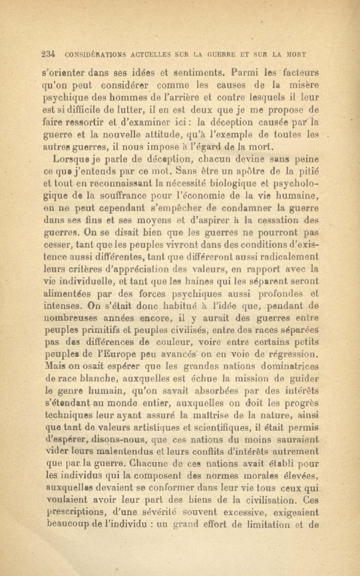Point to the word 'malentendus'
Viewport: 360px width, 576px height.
[116, 457]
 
